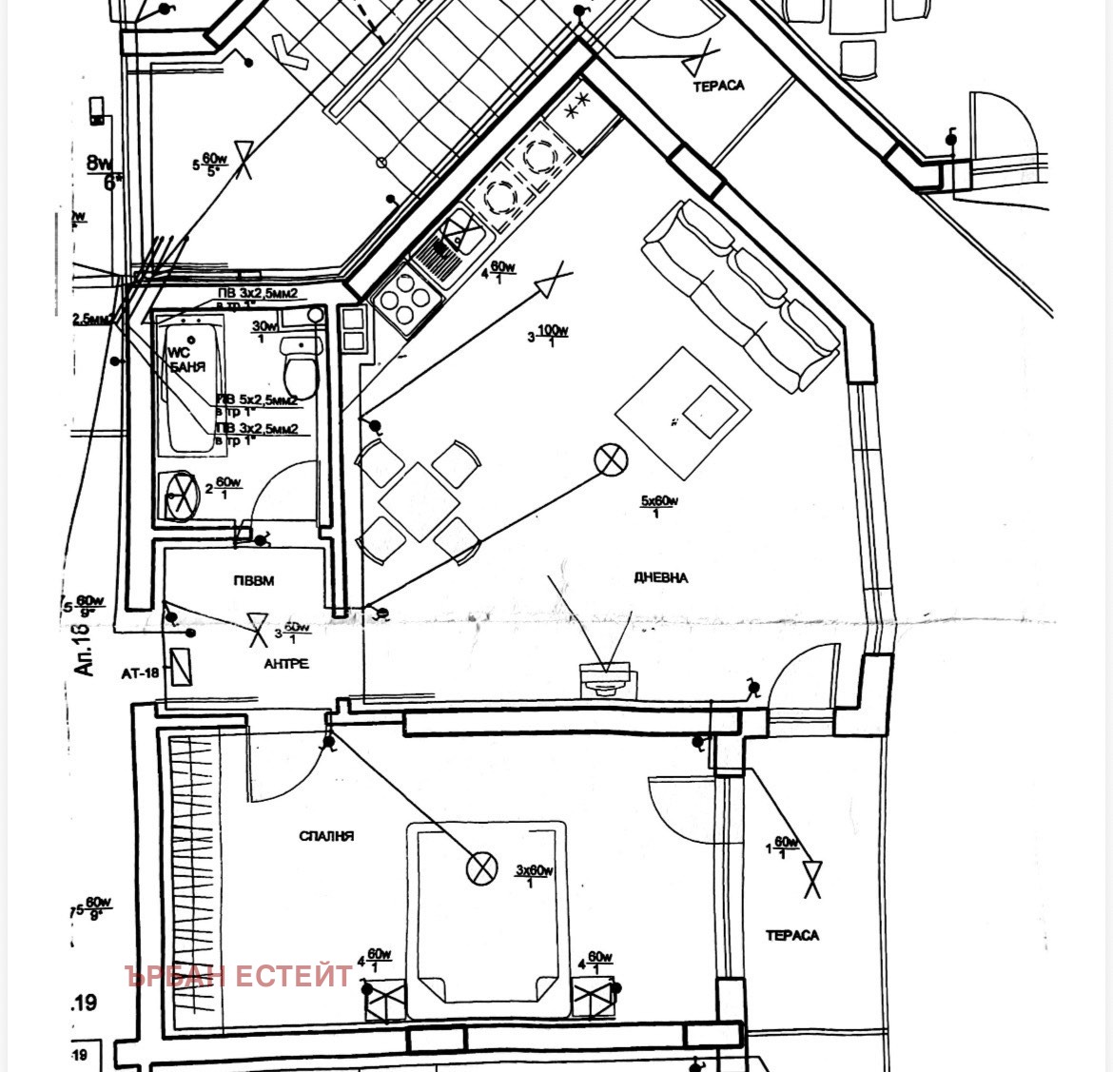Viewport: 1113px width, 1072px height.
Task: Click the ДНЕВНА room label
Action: click(659, 577)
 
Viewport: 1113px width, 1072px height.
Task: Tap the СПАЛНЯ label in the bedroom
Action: click(326, 836)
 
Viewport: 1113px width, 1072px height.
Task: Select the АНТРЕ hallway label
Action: click(286, 664)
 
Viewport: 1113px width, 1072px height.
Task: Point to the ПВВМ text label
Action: click(253, 580)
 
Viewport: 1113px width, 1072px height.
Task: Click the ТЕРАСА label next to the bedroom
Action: click(791, 935)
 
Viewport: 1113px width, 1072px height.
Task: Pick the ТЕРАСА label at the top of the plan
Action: click(718, 86)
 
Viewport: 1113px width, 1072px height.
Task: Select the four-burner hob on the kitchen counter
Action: click(408, 299)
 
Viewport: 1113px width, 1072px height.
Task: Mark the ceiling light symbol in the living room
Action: click(611, 460)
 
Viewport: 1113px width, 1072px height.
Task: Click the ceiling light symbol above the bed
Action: click(482, 867)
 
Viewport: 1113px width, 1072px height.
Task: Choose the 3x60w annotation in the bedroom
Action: click(534, 875)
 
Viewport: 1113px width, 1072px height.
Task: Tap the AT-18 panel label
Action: click(140, 673)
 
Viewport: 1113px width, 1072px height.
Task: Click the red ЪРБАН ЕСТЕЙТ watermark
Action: click(240, 976)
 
